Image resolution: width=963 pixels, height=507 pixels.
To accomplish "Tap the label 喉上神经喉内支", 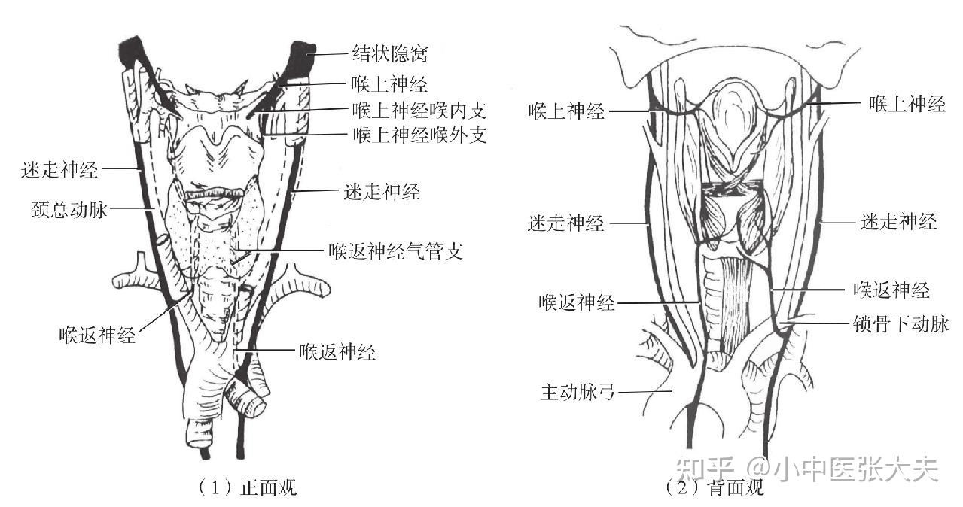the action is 419,111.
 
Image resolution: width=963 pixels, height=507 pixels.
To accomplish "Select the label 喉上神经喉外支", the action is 419,135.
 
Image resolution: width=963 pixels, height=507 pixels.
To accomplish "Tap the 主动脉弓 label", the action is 577,392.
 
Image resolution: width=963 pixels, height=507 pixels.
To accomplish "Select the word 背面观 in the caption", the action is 736,487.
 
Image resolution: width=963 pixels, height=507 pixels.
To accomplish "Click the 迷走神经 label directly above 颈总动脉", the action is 60,169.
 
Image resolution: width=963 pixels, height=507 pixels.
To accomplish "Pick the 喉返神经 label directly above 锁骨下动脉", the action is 891,290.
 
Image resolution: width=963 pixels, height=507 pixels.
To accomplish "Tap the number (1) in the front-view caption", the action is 214,487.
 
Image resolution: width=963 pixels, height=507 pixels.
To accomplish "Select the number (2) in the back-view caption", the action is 682,487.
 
